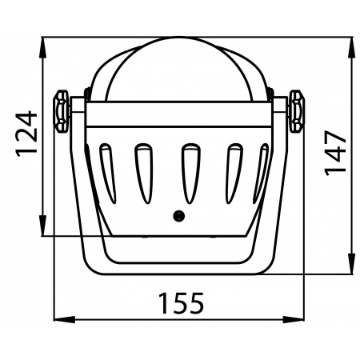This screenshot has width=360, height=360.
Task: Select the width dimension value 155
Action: pyautogui.click(x=180, y=304)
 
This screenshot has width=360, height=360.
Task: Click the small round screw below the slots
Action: pyautogui.click(x=179, y=215)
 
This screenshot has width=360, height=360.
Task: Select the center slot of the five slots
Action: pyautogui.click(x=189, y=173)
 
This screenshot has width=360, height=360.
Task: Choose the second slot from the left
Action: pyautogui.click(x=143, y=173)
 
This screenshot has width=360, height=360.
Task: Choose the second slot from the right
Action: pyautogui.click(x=234, y=173)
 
